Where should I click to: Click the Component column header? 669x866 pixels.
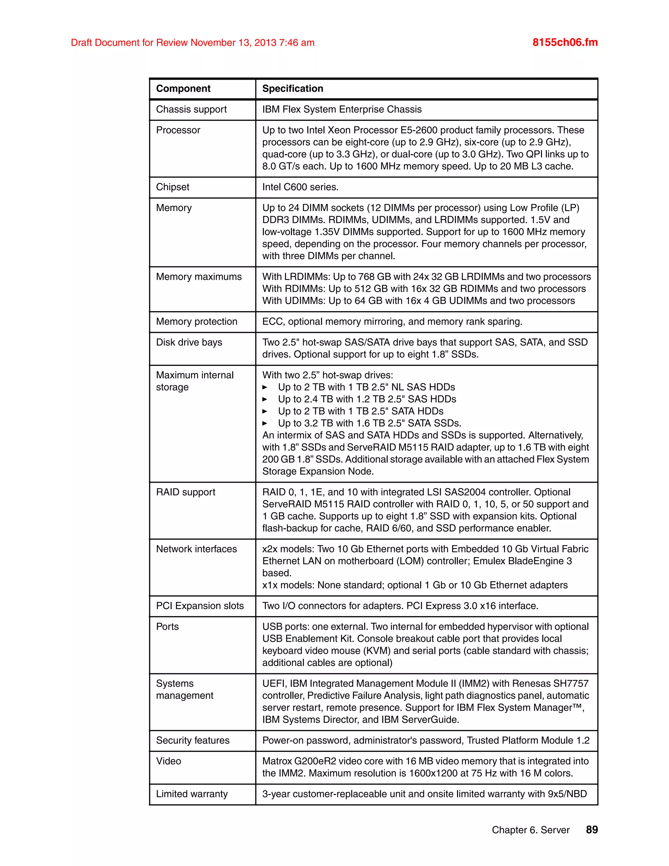[x=183, y=89]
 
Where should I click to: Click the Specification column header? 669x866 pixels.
[x=292, y=89]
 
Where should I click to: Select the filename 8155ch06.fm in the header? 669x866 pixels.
[x=565, y=42]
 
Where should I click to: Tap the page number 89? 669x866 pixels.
[x=592, y=829]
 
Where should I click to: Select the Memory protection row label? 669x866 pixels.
[x=197, y=321]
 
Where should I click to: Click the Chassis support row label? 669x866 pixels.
[x=191, y=109]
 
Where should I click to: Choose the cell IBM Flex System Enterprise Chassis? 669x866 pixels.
[x=342, y=109]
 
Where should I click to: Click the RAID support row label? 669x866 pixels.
[x=186, y=492]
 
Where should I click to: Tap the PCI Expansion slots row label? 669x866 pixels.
[x=200, y=606]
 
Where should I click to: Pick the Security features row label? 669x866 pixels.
[x=193, y=740]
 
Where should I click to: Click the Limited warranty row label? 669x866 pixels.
[x=192, y=793]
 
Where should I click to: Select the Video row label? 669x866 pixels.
[x=169, y=760]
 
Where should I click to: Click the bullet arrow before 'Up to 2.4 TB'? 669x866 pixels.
[x=265, y=399]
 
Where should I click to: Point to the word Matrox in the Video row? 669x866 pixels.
[x=277, y=761]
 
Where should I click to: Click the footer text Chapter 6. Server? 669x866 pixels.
[x=530, y=830]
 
